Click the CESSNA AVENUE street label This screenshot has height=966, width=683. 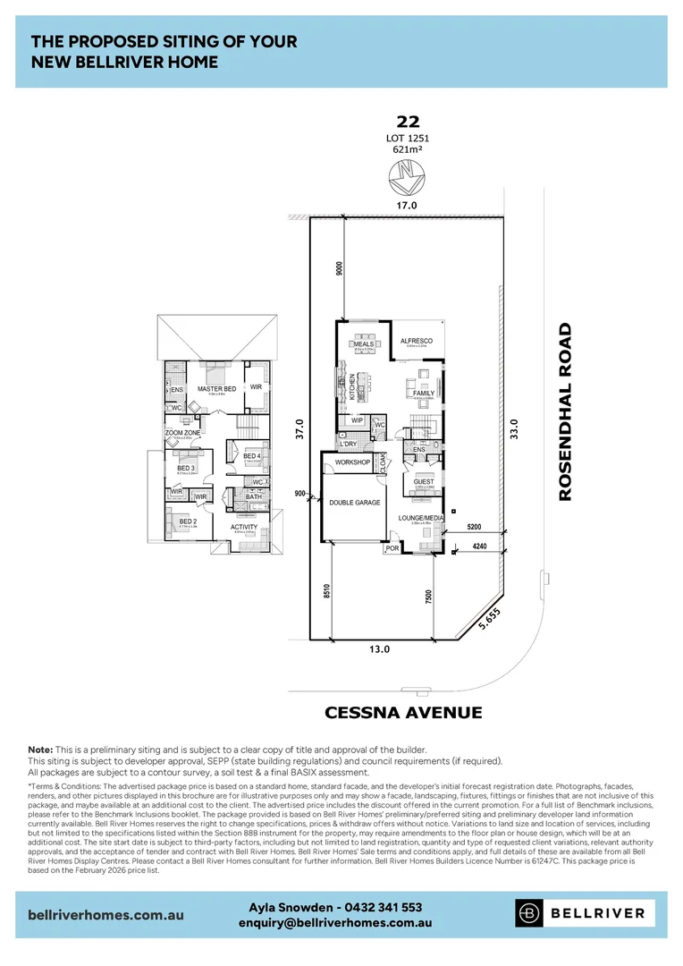click(x=402, y=713)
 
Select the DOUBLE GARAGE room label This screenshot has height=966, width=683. click(x=354, y=503)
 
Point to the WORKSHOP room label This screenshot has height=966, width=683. click(x=352, y=462)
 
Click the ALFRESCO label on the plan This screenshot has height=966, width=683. click(x=416, y=341)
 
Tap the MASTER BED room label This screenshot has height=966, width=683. click(x=216, y=389)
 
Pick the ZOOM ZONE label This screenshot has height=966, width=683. click(x=182, y=433)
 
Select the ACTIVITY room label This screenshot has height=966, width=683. click(x=244, y=527)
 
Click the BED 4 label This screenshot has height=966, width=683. click(x=252, y=456)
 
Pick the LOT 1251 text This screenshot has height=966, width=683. click(x=407, y=138)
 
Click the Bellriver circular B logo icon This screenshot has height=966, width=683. click(x=529, y=913)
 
